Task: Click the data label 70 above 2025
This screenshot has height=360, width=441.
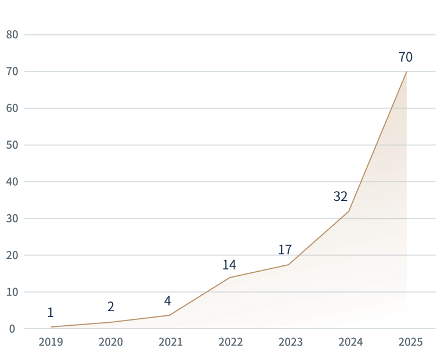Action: click(406, 57)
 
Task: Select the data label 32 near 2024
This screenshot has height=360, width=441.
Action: click(340, 197)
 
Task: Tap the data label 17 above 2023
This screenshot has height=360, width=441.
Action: click(284, 250)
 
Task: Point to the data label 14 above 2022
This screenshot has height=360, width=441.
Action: click(229, 265)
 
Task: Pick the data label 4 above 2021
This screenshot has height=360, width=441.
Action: click(168, 301)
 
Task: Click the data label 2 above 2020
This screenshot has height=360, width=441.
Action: click(111, 307)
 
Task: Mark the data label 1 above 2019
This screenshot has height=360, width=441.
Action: click(50, 312)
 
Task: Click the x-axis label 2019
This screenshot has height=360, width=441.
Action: click(50, 342)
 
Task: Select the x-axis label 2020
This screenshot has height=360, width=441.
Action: click(110, 342)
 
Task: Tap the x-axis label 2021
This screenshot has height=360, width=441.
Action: click(171, 342)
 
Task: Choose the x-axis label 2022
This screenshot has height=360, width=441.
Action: click(230, 342)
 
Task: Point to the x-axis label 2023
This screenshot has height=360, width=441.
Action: click(290, 342)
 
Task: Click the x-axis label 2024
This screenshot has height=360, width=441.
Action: click(350, 342)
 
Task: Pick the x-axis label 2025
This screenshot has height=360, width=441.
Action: click(410, 342)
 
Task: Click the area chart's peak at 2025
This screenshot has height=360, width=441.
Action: click(406, 73)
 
